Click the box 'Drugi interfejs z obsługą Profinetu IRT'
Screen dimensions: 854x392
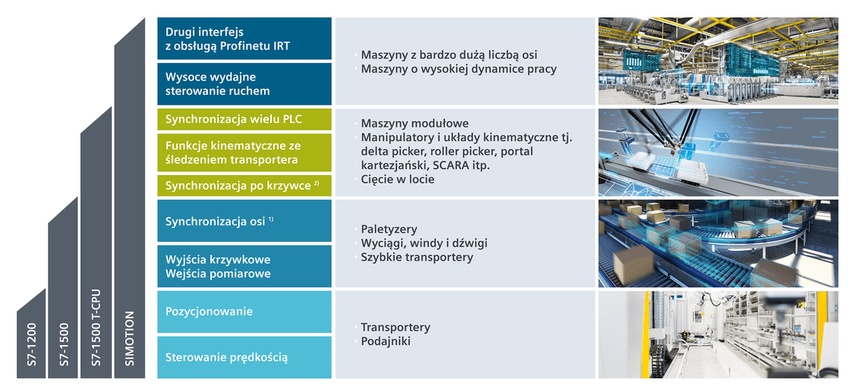click(244, 39)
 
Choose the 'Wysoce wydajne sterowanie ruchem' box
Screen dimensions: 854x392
click(244, 83)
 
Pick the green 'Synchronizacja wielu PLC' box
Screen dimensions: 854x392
click(244, 119)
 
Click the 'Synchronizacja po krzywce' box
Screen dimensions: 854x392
click(244, 186)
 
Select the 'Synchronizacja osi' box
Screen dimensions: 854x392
click(244, 221)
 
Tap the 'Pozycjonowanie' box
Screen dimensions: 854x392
click(244, 312)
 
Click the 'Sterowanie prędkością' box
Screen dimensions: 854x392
click(244, 357)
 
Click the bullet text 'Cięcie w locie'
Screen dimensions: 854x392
click(398, 179)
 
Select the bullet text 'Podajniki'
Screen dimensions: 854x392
click(386, 341)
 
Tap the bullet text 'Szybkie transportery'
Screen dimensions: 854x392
click(418, 257)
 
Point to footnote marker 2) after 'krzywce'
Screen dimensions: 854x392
click(316, 183)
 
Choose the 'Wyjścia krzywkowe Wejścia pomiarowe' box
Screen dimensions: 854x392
click(244, 266)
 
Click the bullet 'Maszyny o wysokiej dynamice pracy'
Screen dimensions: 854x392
click(459, 70)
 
